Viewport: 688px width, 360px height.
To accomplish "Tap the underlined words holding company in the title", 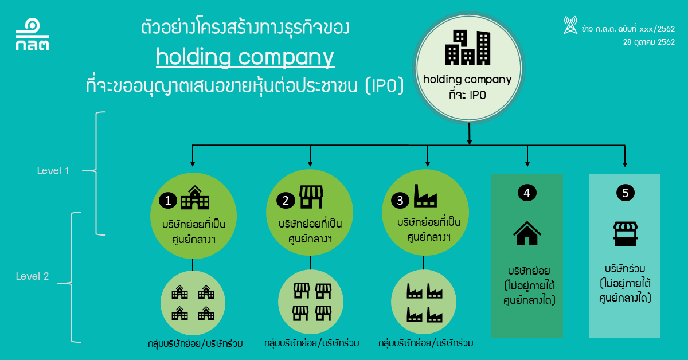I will pos(245,57).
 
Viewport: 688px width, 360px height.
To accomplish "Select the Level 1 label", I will pos(53,171).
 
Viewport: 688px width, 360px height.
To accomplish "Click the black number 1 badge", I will pos(168,201).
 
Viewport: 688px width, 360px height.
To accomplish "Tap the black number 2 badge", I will pos(285,201).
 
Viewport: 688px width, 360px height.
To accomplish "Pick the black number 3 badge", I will pos(400,200).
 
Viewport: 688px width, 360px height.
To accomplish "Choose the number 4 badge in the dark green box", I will pos(527,193).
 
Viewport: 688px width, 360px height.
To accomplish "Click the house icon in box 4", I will pos(527,233).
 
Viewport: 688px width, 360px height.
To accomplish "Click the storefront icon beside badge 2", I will pos(311,197).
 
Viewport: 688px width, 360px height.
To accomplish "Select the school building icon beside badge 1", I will pos(195,198).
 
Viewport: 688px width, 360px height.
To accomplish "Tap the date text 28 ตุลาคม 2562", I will pos(648,42).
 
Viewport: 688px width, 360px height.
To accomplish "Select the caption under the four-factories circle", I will pos(425,343).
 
